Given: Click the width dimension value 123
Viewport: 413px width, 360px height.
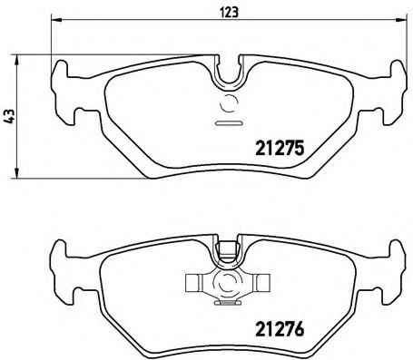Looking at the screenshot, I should tap(222, 12).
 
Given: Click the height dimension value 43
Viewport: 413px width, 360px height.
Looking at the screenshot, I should tap(9, 116).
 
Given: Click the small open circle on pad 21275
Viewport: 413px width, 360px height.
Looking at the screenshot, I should tap(228, 102).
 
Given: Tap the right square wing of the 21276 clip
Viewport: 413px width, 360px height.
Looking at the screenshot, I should tap(261, 283).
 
